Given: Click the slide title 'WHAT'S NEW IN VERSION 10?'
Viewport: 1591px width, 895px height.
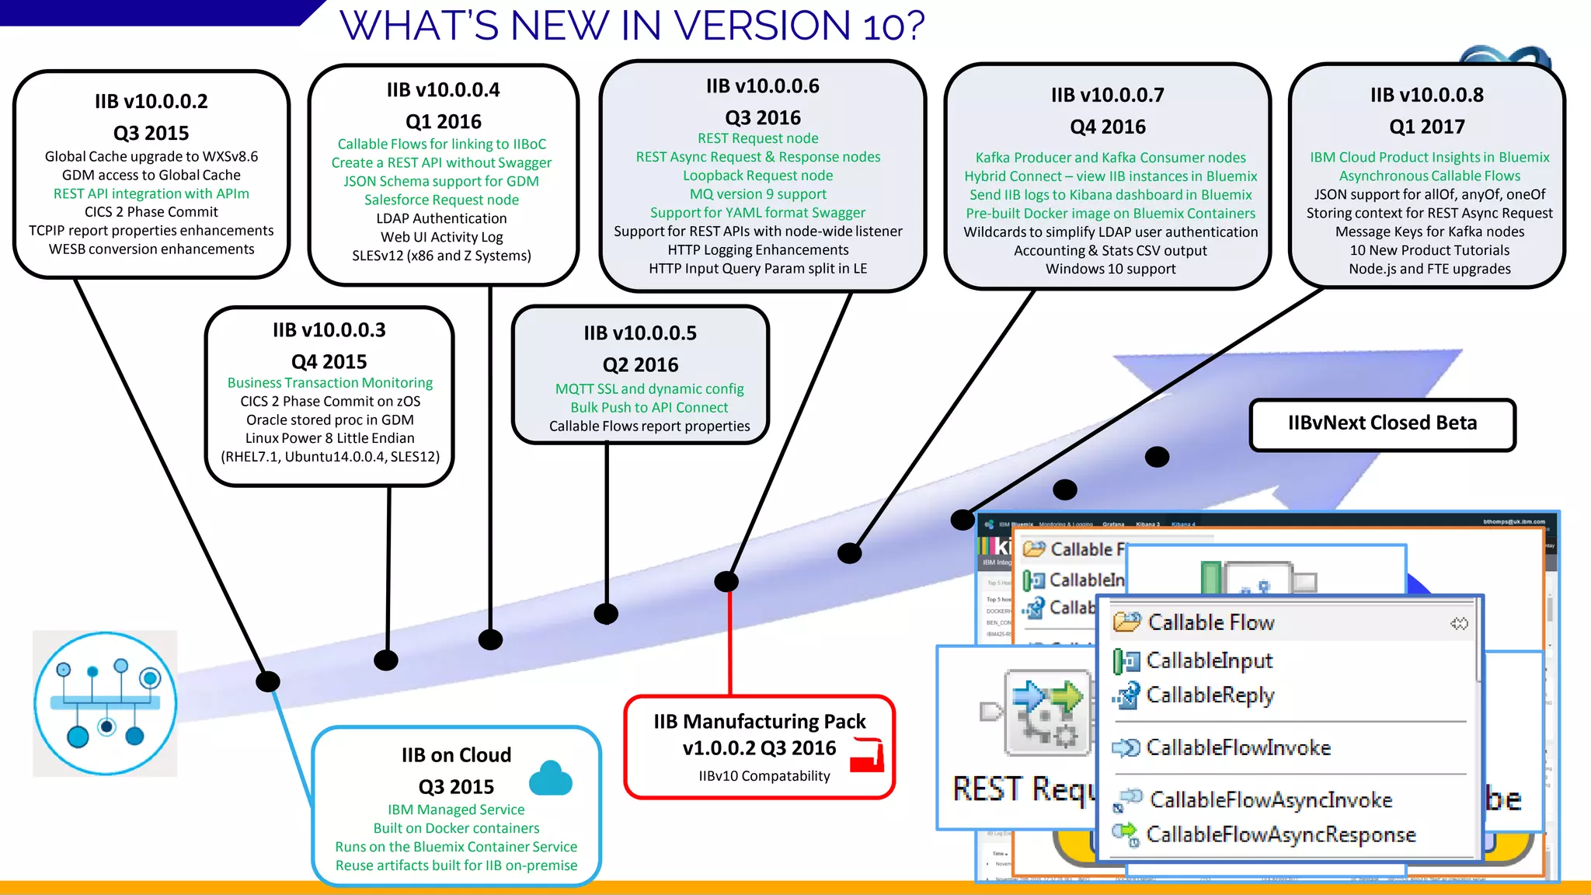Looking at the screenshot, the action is click(632, 26).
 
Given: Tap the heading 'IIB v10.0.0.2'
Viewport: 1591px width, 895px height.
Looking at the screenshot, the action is click(151, 102).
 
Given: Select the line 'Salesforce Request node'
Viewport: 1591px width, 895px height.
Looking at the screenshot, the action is click(441, 200).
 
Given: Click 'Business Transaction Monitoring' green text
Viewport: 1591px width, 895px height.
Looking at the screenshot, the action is click(330, 383).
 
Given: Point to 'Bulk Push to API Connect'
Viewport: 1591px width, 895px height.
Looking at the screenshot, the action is click(649, 408).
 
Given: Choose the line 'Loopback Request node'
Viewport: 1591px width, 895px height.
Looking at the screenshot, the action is click(757, 176).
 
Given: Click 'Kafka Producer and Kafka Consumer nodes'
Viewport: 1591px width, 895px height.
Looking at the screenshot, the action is click(1110, 158).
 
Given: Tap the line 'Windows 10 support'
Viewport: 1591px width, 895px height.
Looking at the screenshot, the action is click(1110, 269).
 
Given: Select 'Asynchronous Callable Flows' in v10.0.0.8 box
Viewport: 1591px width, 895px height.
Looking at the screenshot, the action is click(1429, 176).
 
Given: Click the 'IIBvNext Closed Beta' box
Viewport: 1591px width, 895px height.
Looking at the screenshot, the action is click(1382, 423).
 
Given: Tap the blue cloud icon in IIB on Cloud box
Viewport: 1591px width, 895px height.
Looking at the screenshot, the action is click(551, 778).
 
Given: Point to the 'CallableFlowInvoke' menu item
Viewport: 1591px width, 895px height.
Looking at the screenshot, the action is click(1238, 747).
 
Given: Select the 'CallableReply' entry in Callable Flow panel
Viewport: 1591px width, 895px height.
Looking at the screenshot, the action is click(1210, 695).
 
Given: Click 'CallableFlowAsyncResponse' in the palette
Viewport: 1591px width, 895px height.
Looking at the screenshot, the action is click(1280, 834).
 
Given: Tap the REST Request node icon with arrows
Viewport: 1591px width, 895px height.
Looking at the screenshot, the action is click(1047, 712).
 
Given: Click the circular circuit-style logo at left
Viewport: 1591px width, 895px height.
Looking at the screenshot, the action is click(106, 703).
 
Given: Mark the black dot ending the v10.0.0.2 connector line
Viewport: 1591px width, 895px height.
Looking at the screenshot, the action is click(268, 682).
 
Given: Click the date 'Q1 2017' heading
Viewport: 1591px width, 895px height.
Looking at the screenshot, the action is click(1426, 127).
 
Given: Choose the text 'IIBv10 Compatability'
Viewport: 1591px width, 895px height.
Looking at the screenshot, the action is click(764, 776).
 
